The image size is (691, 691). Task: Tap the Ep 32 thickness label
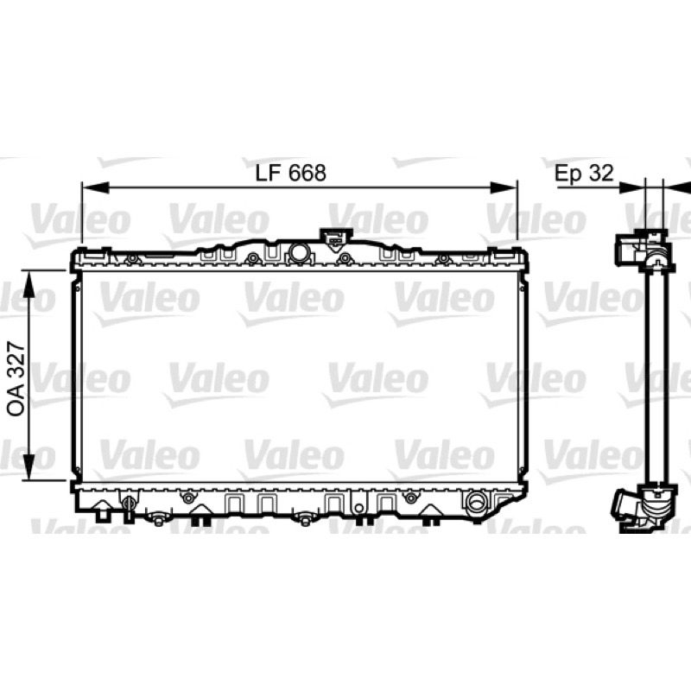(584, 174)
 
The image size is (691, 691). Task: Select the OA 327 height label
(16, 378)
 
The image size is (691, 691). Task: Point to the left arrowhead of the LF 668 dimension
(95, 187)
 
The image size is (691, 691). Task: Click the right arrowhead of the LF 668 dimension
(504, 187)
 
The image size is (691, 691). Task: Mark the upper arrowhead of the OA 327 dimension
(29, 283)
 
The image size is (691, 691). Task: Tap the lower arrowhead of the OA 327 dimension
(29, 466)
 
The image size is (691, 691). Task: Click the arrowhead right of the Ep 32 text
(632, 187)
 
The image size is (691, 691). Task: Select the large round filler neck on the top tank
(300, 253)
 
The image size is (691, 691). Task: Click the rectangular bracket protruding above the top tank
(335, 240)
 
